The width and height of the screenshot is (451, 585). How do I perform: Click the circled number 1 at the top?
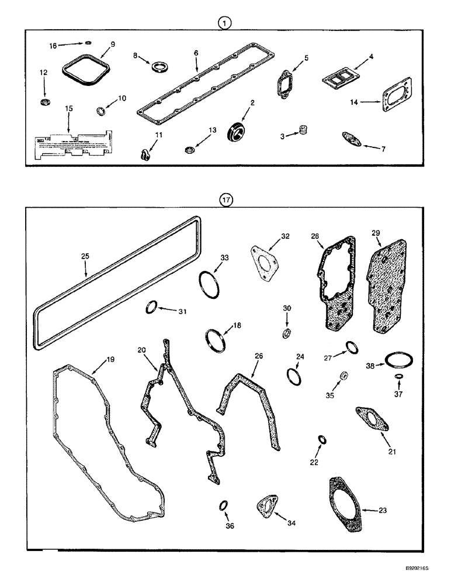click(x=225, y=23)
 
